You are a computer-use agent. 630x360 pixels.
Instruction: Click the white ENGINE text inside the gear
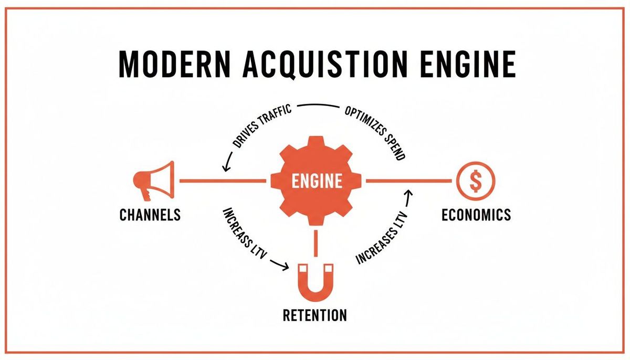click(x=317, y=182)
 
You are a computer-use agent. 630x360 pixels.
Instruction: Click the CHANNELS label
click(x=150, y=215)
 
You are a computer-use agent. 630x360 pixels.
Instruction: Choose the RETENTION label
click(x=314, y=315)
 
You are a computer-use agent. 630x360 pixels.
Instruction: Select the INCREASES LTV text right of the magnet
click(x=382, y=239)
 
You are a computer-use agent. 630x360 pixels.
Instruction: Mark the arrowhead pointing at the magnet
click(x=285, y=267)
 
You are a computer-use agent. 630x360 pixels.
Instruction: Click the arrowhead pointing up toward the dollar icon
click(x=408, y=194)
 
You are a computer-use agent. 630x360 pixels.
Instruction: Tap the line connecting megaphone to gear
click(x=223, y=181)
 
